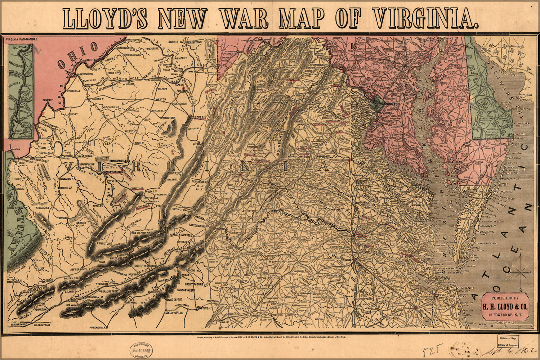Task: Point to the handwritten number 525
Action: point(431,350)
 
